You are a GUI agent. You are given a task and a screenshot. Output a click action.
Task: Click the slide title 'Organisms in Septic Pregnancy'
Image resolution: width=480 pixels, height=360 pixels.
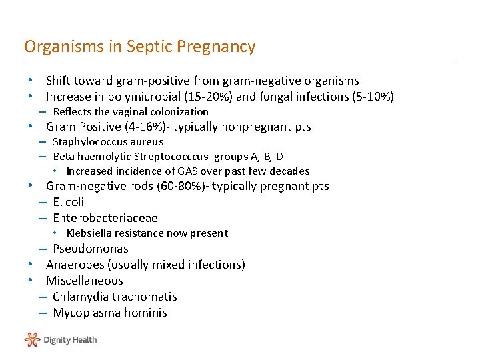point(139,47)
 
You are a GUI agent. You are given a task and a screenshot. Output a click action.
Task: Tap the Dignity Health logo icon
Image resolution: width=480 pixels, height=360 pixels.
point(32,339)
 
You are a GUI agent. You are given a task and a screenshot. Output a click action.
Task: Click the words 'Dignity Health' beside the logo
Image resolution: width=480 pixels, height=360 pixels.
point(70,340)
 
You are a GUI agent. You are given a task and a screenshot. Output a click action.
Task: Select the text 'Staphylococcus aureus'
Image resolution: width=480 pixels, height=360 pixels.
point(107,141)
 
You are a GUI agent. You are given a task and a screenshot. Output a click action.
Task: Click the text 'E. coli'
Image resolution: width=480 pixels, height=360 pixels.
point(68,202)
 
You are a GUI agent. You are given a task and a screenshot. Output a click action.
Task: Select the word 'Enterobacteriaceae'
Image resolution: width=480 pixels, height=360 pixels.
point(105,218)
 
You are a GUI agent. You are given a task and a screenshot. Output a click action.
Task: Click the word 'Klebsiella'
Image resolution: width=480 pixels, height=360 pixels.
point(89,233)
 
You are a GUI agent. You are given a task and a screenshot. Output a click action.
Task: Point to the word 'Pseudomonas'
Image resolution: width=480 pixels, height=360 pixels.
point(90,249)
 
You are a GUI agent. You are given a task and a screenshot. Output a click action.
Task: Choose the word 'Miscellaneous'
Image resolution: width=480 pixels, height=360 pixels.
point(84,281)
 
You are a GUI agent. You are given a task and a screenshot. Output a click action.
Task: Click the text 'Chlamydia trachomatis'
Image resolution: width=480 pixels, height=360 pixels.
point(115,297)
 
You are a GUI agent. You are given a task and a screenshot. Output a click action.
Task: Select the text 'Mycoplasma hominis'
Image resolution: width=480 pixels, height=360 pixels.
point(109,313)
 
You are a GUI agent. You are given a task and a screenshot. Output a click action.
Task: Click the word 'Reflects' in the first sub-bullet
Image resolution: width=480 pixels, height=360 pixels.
point(71,112)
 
